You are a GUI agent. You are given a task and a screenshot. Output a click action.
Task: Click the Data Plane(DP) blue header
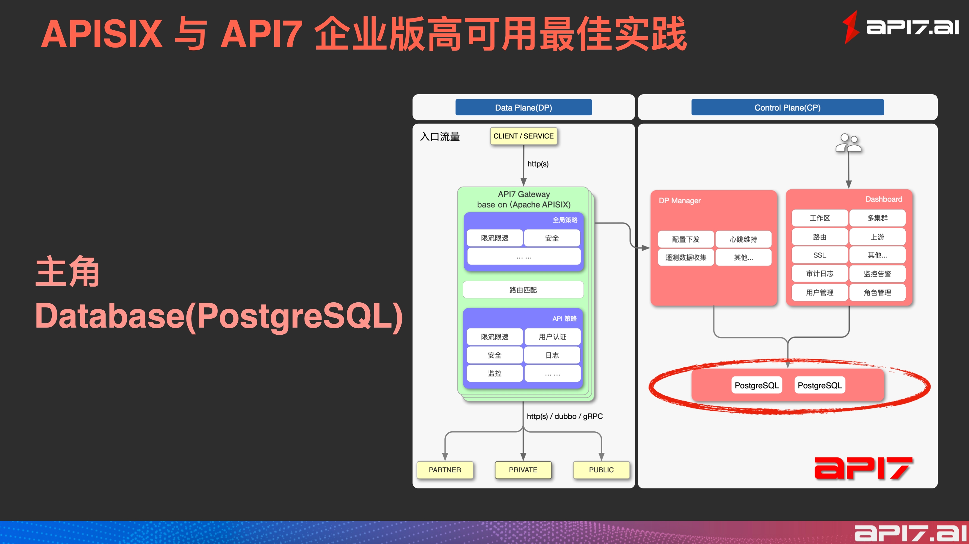pyautogui.click(x=523, y=108)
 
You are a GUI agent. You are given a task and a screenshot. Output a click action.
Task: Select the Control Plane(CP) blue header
pyautogui.click(x=787, y=108)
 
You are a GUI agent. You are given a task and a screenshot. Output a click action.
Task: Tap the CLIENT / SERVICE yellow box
pyautogui.click(x=523, y=136)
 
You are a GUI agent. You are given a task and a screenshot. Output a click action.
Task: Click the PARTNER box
pyautogui.click(x=445, y=470)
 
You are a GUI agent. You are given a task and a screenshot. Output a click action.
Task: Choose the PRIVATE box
pyautogui.click(x=523, y=470)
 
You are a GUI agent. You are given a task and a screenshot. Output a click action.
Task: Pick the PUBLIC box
pyautogui.click(x=601, y=470)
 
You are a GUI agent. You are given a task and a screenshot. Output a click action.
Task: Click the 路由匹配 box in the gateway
pyautogui.click(x=523, y=290)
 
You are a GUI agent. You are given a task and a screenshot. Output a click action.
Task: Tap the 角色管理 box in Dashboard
pyautogui.click(x=877, y=293)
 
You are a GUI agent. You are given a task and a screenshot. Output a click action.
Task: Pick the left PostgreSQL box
pyautogui.click(x=756, y=385)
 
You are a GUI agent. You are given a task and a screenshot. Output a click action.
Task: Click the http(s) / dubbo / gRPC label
pyautogui.click(x=565, y=416)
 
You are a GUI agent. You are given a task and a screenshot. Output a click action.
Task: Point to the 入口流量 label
pyautogui.click(x=440, y=136)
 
